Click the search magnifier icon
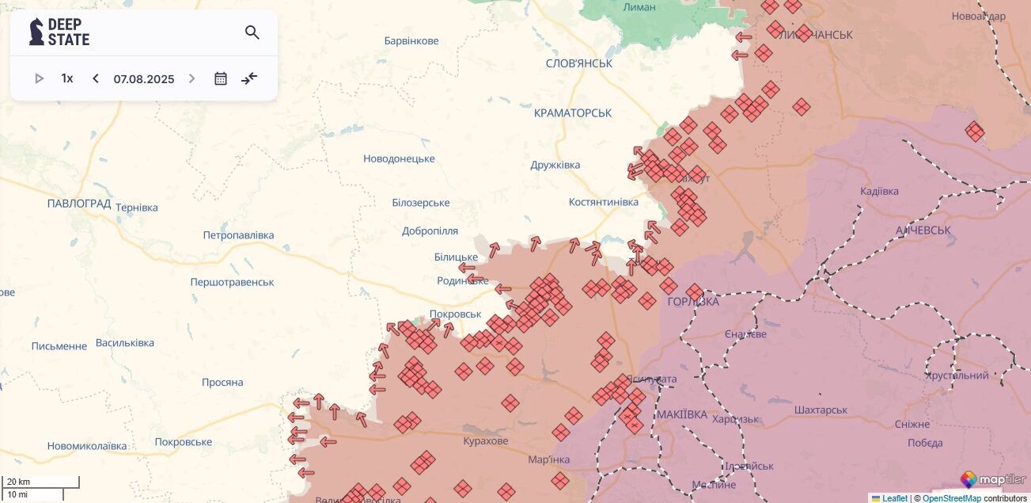click(252, 32)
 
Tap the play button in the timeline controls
click(39, 78)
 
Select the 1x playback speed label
click(67, 78)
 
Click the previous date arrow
click(96, 78)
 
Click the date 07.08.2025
click(143, 79)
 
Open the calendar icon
click(221, 78)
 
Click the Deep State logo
click(59, 32)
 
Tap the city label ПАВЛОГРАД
click(78, 204)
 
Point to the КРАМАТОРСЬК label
click(573, 113)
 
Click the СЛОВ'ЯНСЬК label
click(579, 63)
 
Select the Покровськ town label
click(455, 314)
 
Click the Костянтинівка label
click(603, 202)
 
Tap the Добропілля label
click(430, 231)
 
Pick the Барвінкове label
click(411, 40)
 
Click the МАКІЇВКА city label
click(681, 414)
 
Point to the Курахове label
click(486, 440)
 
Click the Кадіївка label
click(879, 191)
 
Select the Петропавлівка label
click(238, 235)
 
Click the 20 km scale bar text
click(19, 482)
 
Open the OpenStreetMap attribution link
click(952, 498)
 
